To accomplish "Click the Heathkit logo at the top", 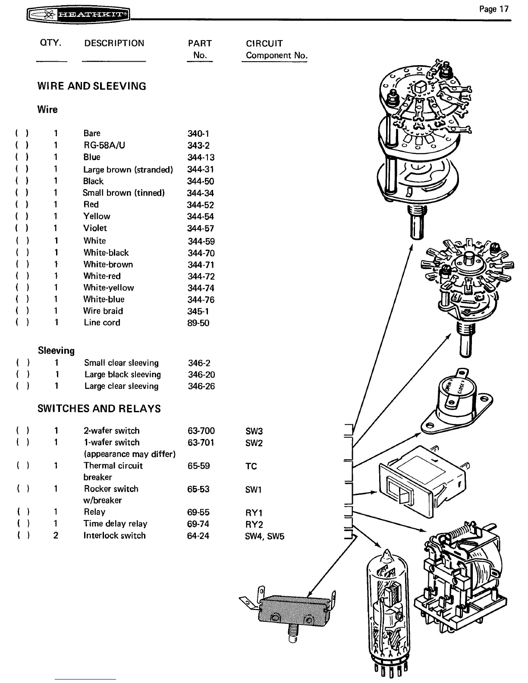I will click(78, 16).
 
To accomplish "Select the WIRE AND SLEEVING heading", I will click(92, 86).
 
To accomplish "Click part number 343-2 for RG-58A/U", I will click(198, 145).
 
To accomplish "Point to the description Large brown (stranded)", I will click(128, 169).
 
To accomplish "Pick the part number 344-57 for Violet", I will click(201, 228).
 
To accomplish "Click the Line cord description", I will click(102, 323).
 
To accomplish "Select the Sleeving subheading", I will click(56, 351).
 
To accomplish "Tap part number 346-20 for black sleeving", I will click(201, 375).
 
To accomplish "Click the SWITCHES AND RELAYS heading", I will click(99, 408).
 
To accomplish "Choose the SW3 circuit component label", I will click(254, 431).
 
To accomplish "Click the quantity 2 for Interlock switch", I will click(56, 536).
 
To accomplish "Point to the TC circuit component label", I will click(251, 466).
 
